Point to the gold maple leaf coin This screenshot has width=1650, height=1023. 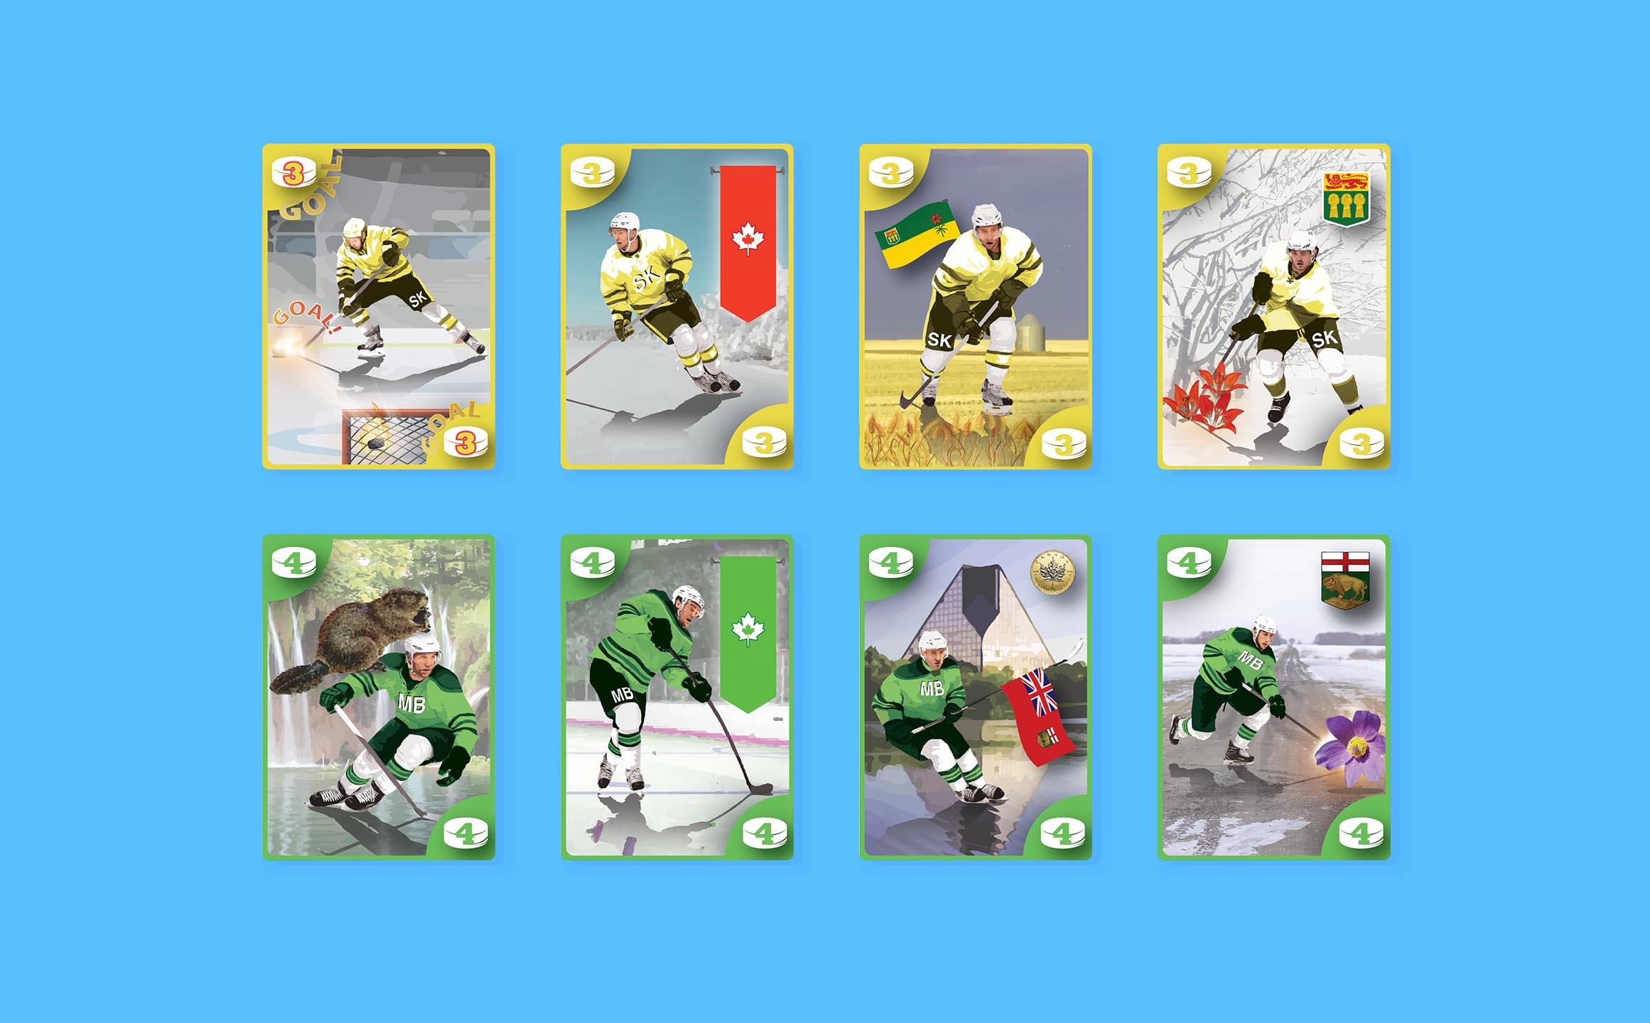click(1052, 572)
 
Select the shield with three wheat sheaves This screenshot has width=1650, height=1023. click(1346, 200)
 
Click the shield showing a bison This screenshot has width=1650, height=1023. click(1344, 580)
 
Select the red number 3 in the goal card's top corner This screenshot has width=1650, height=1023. click(293, 173)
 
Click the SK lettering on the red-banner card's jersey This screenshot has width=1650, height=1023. click(647, 279)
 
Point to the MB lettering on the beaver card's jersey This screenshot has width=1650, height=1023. click(411, 703)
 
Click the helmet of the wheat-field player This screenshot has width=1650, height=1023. click(986, 215)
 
